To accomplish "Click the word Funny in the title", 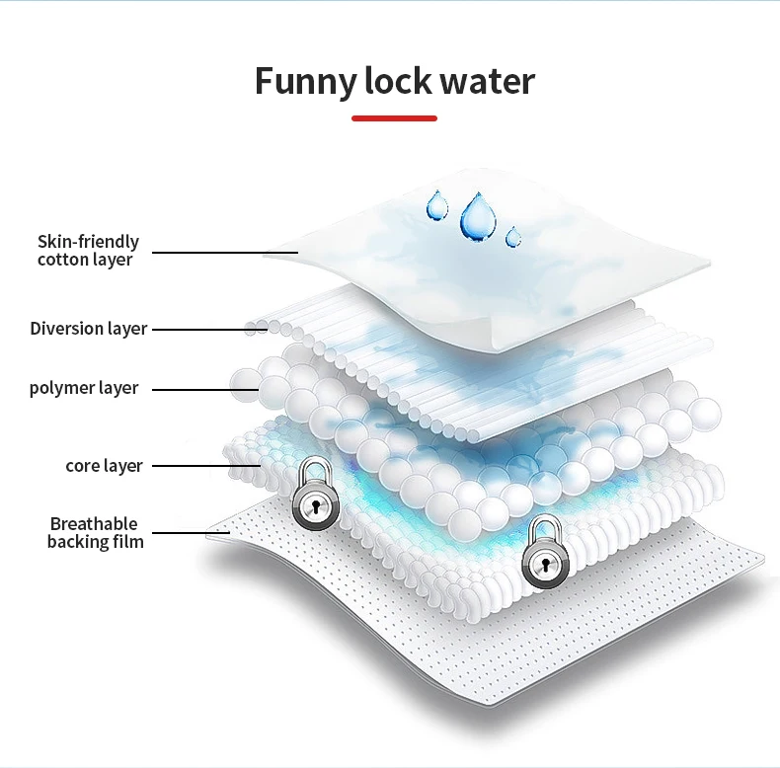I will (x=305, y=81).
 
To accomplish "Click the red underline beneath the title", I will (x=394, y=117).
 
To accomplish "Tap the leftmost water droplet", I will (x=436, y=205).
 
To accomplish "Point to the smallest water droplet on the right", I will (x=512, y=237).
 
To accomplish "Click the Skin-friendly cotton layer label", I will (x=88, y=251).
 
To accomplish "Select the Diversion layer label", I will (x=88, y=329).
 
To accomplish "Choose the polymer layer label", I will (x=84, y=388).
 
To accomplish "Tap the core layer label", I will (x=104, y=465).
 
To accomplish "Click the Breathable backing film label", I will (x=95, y=532).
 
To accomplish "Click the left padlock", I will (x=315, y=498).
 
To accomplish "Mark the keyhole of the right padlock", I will (x=541, y=566).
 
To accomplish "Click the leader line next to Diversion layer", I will (x=198, y=329).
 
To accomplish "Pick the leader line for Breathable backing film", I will (x=188, y=533).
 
